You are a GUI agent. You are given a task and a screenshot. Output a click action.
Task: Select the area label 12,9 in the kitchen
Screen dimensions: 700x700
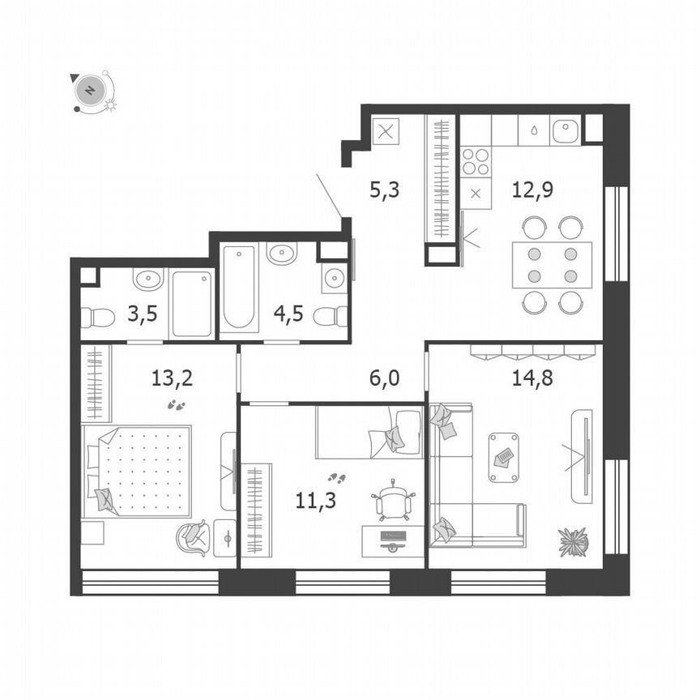tap(527, 190)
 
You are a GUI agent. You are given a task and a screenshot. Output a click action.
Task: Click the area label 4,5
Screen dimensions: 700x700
tap(288, 314)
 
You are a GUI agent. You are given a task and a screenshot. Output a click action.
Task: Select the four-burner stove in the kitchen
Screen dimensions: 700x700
tap(476, 162)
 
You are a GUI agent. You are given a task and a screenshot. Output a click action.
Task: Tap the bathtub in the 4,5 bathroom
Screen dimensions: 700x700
tap(241, 288)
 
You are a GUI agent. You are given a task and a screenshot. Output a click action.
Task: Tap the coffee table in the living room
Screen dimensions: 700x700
tap(504, 458)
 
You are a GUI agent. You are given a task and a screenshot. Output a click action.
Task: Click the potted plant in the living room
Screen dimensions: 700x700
tap(572, 541)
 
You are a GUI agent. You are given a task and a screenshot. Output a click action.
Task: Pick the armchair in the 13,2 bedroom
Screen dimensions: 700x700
tap(194, 536)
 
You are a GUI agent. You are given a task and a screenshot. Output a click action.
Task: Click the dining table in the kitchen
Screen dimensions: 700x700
tap(552, 265)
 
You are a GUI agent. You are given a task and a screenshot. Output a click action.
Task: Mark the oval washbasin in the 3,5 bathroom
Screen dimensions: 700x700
tap(147, 280)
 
